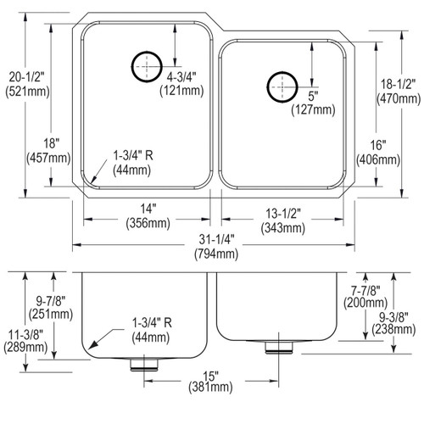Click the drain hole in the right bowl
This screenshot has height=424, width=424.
click(x=281, y=85)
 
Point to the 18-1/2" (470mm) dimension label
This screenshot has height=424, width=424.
click(x=397, y=91)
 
